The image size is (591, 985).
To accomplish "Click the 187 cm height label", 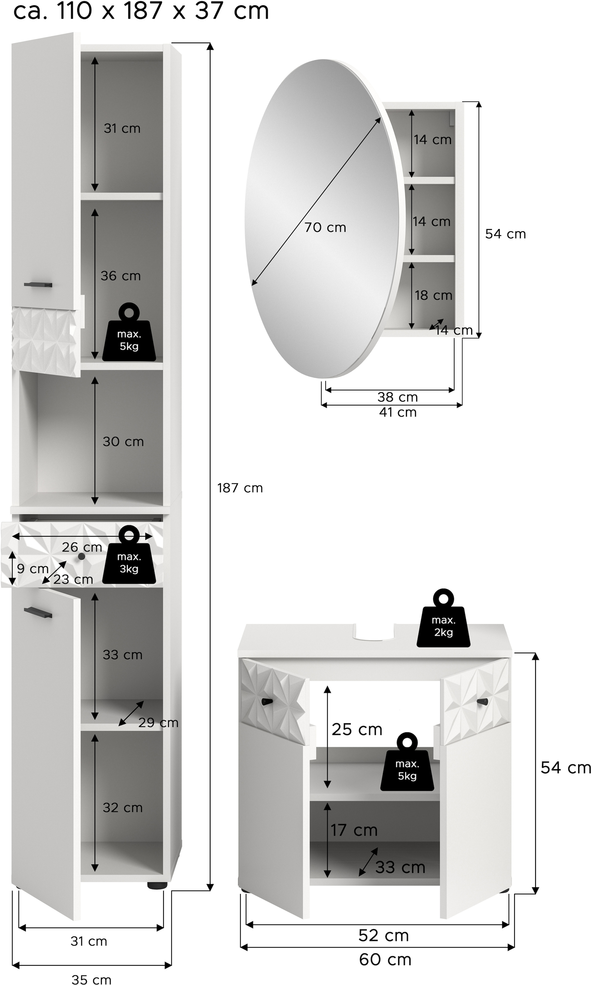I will point(240,488).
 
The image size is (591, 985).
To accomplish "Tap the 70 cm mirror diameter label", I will point(325,227).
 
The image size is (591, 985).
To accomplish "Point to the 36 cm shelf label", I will point(120,276).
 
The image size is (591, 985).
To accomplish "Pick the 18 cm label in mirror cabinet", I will point(433,295).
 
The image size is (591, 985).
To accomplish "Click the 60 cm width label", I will point(385,959).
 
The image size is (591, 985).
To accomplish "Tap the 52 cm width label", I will point(383,935).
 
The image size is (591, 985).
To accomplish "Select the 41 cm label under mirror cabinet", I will point(398,412).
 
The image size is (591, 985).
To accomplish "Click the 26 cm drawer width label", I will point(82,547).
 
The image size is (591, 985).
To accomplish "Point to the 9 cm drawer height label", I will point(33,569).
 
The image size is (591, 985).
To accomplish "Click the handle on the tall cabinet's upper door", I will point(38,285).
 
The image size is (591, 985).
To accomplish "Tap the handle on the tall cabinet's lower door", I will point(38,612).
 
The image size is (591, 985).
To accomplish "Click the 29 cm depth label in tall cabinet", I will point(158,723).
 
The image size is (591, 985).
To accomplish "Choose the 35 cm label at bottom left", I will point(91,977).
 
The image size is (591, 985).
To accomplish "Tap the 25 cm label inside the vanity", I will point(357,730).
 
